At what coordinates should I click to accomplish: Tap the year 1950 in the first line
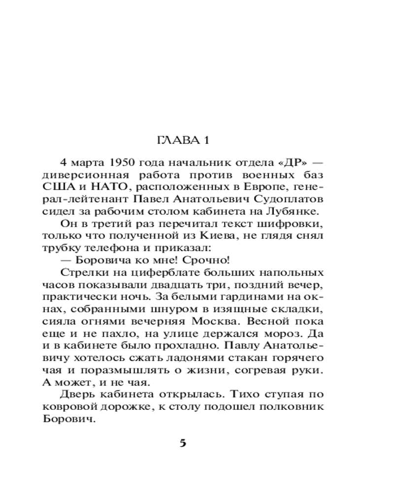[x=111, y=163]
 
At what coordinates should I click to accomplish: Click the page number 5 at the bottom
[x=183, y=443]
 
